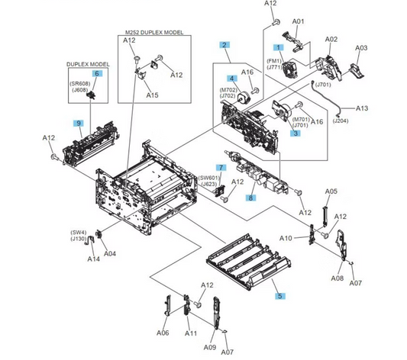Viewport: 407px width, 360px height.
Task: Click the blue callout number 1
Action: pyautogui.click(x=279, y=47)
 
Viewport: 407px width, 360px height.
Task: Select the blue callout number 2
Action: pyautogui.click(x=224, y=46)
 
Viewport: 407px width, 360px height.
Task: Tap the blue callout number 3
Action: pyautogui.click(x=294, y=133)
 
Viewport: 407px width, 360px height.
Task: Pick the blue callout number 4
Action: pyautogui.click(x=230, y=79)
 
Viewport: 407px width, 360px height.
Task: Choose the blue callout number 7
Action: pyautogui.click(x=221, y=166)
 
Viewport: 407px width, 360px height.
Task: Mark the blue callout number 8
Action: pyautogui.click(x=250, y=198)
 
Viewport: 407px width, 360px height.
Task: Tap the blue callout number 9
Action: pyautogui.click(x=78, y=123)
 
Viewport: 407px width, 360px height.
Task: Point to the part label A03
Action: pyautogui.click(x=362, y=47)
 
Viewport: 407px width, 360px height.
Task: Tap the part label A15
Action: pyautogui.click(x=153, y=95)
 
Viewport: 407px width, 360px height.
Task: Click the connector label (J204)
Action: pyautogui.click(x=363, y=121)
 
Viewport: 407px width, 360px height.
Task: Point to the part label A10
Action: pyautogui.click(x=286, y=237)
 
